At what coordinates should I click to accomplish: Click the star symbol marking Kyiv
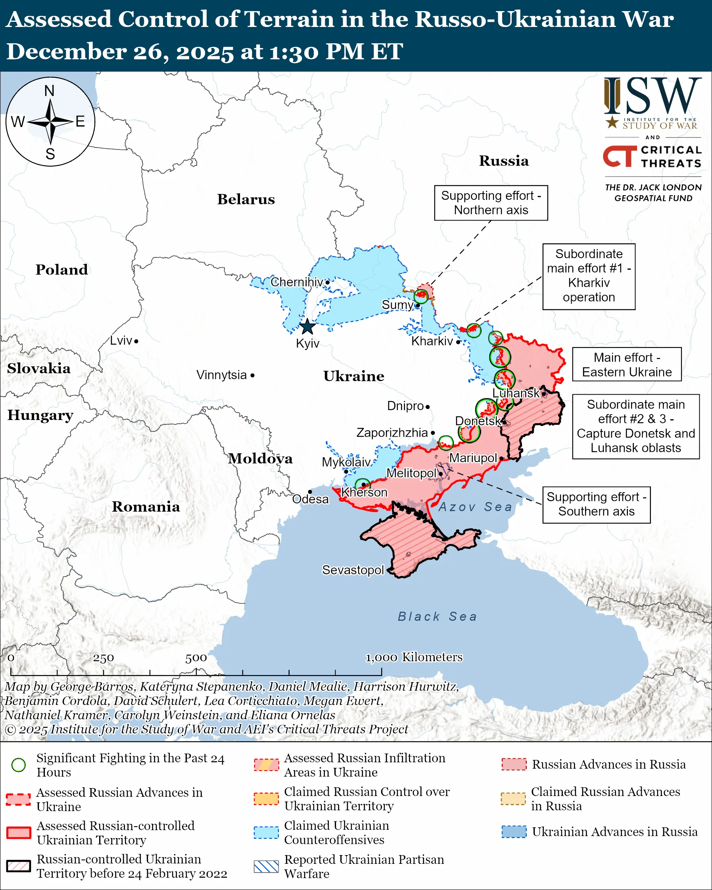pos(307,327)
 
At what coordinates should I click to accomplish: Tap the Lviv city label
pos(121,341)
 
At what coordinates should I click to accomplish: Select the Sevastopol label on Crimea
pos(353,570)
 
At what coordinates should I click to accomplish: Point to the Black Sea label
pos(437,617)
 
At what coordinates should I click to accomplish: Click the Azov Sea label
pos(475,507)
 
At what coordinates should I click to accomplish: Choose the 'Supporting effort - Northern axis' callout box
pos(491,203)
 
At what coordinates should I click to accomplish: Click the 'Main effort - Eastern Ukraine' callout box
pos(627,364)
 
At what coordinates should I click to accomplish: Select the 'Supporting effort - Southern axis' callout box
pos(596,504)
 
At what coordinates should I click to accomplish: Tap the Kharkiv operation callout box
pos(589,276)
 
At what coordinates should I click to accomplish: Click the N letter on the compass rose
pos(50,91)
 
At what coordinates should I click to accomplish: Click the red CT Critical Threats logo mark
pos(619,156)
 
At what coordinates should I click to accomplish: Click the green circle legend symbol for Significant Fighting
pos(19,765)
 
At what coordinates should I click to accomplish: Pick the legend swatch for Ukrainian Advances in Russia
pos(514,832)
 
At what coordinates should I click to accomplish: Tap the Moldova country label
pos(261,458)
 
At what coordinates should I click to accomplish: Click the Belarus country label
pos(246,199)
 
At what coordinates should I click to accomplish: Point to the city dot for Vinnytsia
pos(253,375)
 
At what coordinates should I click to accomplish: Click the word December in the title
pos(66,52)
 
